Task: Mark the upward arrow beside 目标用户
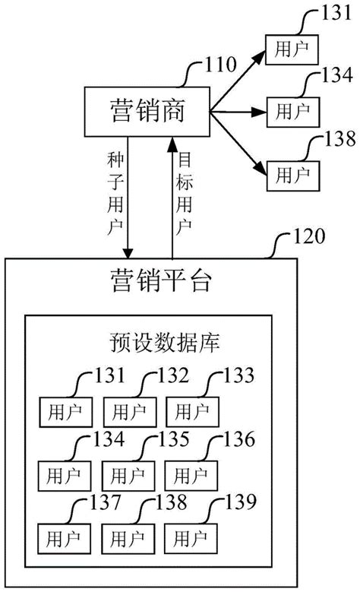tap(172, 198)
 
